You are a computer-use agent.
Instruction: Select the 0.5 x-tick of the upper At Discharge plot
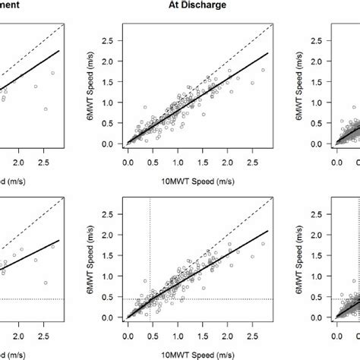(152, 161)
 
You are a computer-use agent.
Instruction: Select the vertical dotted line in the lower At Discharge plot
(150, 251)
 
